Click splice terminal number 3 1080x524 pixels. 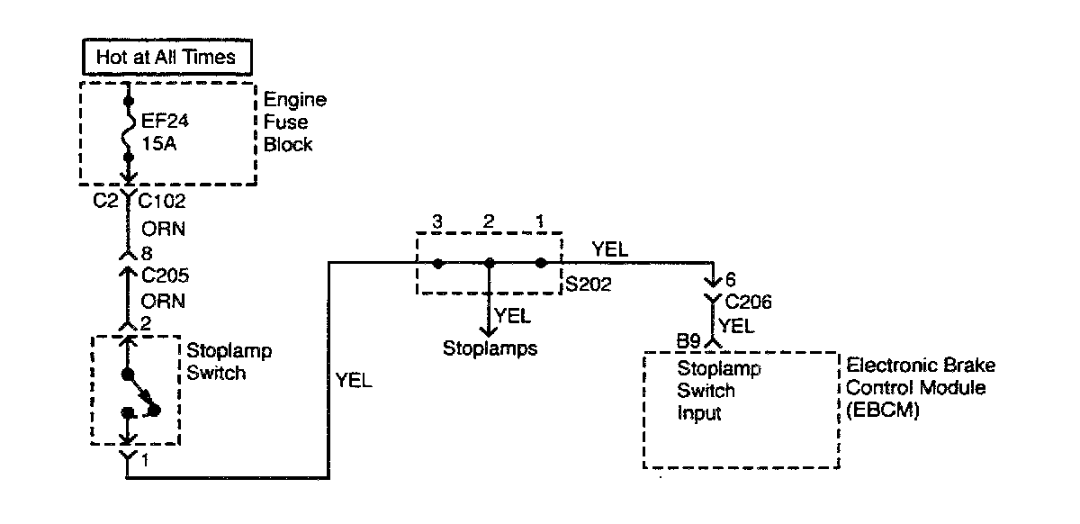[x=436, y=221]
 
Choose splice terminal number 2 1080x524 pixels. [x=489, y=221]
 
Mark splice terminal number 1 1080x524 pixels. [x=541, y=221]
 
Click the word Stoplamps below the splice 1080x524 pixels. [x=490, y=348]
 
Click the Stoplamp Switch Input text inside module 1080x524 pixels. [x=706, y=391]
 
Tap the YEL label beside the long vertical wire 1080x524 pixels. [x=354, y=381]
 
